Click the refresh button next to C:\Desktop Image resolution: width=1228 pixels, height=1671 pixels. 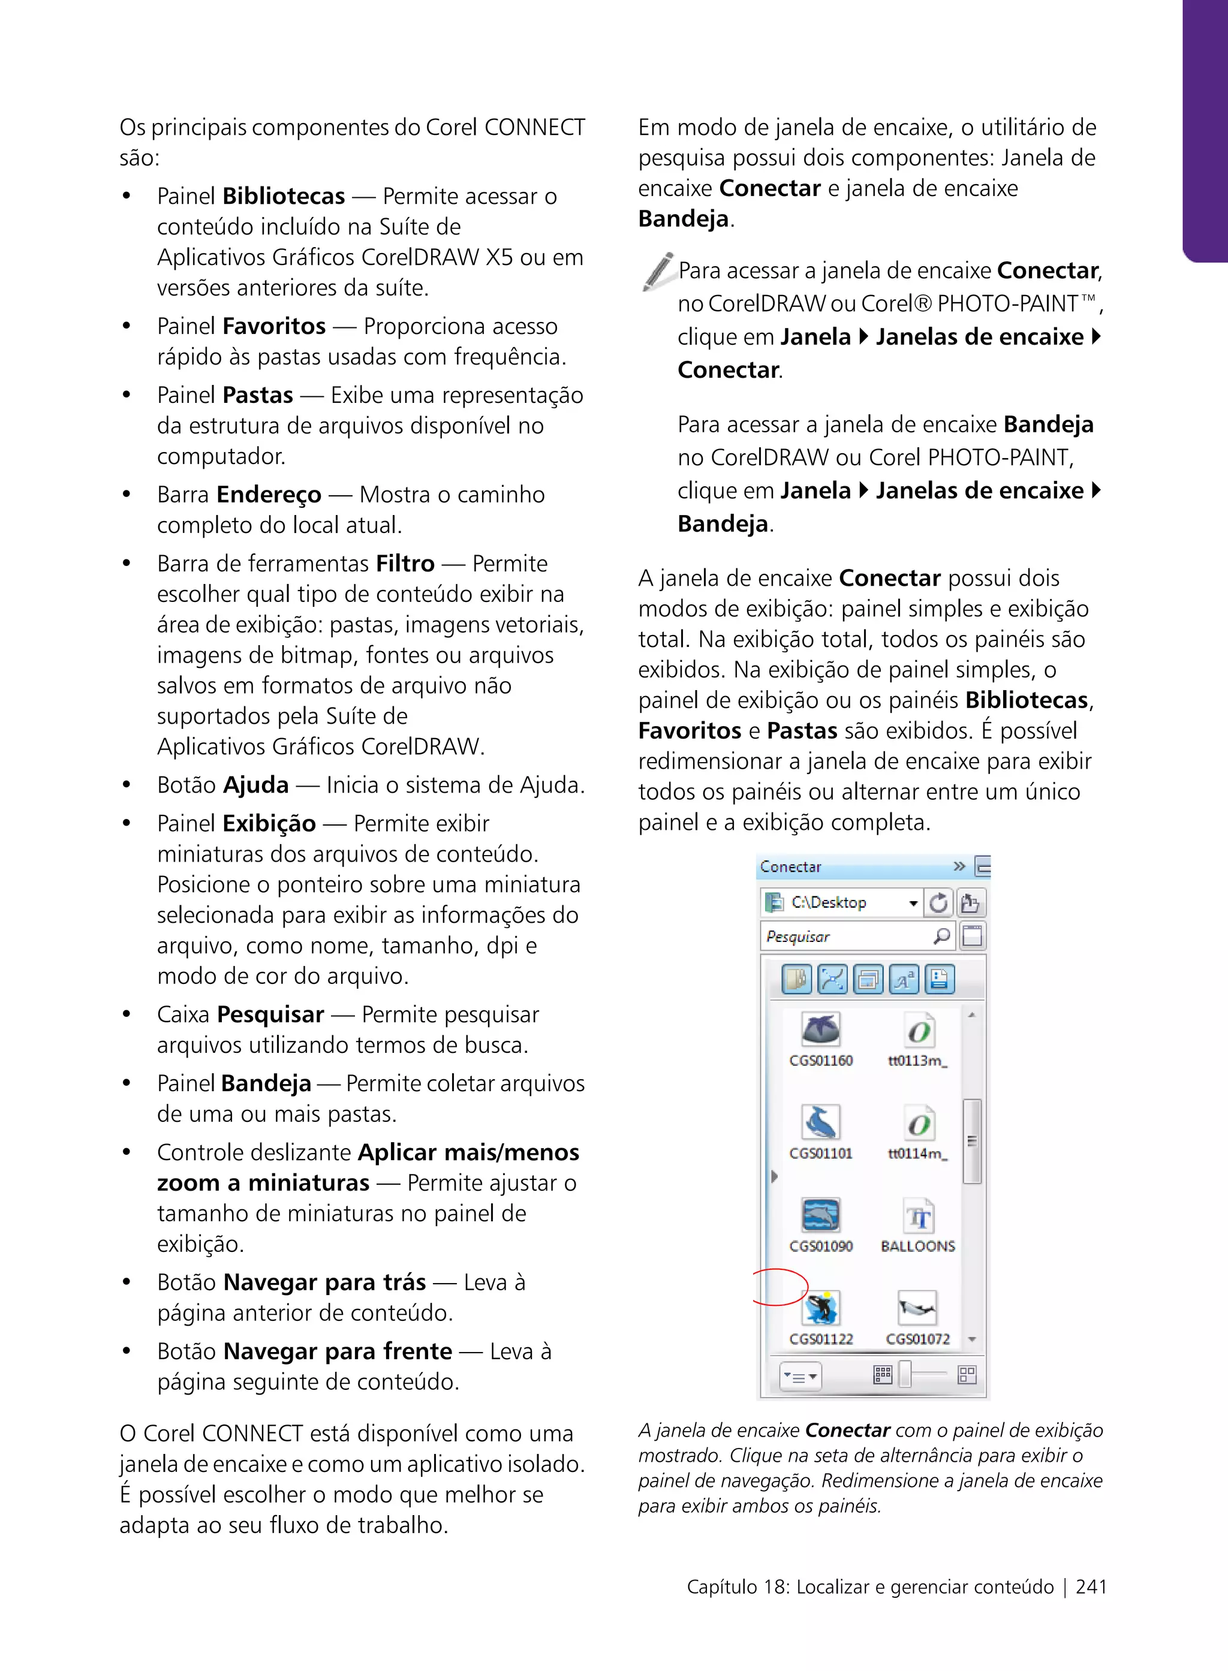point(939,902)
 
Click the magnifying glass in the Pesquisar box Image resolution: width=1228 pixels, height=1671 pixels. point(942,936)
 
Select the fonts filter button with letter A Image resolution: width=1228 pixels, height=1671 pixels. point(903,980)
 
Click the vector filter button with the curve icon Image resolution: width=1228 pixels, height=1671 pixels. point(832,980)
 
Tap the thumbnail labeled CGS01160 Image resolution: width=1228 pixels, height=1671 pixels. point(821,1030)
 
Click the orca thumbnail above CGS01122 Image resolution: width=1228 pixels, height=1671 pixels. point(821,1308)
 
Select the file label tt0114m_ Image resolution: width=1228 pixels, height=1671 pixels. point(917,1153)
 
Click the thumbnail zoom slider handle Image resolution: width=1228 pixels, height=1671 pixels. point(905,1374)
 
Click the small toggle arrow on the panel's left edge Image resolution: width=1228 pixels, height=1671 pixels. point(774,1177)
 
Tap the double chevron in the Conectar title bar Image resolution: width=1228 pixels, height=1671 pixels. point(959,866)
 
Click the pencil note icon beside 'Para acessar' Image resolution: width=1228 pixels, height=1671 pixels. point(657,272)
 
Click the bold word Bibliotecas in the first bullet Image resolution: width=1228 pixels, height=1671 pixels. point(283,196)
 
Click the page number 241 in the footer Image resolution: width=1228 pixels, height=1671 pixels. point(1091,1586)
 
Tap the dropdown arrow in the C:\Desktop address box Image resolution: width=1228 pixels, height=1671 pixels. point(913,903)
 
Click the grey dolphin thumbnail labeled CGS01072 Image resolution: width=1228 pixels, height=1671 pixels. point(917,1308)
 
